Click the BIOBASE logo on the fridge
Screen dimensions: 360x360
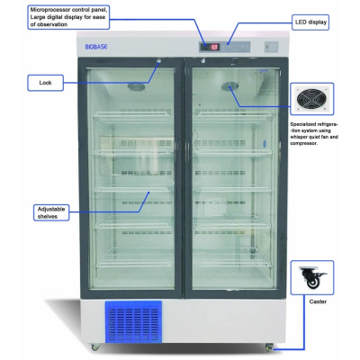(96, 47)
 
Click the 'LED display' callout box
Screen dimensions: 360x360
(310, 22)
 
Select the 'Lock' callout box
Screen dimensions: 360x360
(45, 83)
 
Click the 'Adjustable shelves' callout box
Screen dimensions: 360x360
(51, 212)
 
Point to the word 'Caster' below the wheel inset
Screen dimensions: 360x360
(318, 301)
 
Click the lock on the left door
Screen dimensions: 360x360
(158, 61)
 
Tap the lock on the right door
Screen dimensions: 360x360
(203, 61)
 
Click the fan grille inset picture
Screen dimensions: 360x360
(312, 99)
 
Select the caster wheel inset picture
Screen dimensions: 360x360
(312, 277)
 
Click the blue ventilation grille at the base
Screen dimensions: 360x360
(133, 322)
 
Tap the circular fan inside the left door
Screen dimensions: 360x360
(137, 86)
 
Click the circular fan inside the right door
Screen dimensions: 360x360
(229, 86)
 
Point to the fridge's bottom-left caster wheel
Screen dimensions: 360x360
(95, 347)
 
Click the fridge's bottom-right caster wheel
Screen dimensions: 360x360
(269, 347)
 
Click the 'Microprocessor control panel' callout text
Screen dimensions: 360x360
(67, 17)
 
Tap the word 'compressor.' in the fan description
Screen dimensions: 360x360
(303, 143)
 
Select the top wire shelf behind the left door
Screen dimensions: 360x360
(132, 115)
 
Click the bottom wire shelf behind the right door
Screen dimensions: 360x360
(231, 258)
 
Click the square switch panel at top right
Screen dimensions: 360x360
(271, 47)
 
